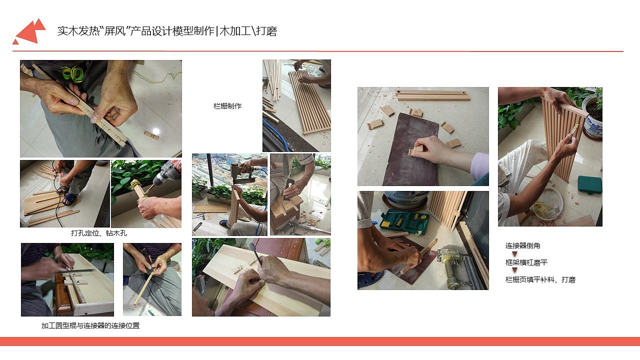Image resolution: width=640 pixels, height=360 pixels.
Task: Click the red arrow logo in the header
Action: (x=29, y=31)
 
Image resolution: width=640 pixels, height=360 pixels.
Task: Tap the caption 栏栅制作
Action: (x=227, y=106)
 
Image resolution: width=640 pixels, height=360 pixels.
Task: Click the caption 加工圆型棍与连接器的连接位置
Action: (x=90, y=325)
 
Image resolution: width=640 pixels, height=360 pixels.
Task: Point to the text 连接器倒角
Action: (x=522, y=245)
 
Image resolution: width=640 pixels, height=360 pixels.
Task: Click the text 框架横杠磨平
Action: (x=526, y=262)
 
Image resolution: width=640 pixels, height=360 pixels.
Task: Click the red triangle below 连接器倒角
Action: (x=514, y=254)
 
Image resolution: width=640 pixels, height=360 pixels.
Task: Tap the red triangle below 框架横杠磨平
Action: (x=514, y=270)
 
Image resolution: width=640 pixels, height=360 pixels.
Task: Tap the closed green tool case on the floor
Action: (x=590, y=184)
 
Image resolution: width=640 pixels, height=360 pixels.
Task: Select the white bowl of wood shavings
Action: (x=547, y=203)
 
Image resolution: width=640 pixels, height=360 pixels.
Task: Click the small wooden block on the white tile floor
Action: (x=151, y=135)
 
